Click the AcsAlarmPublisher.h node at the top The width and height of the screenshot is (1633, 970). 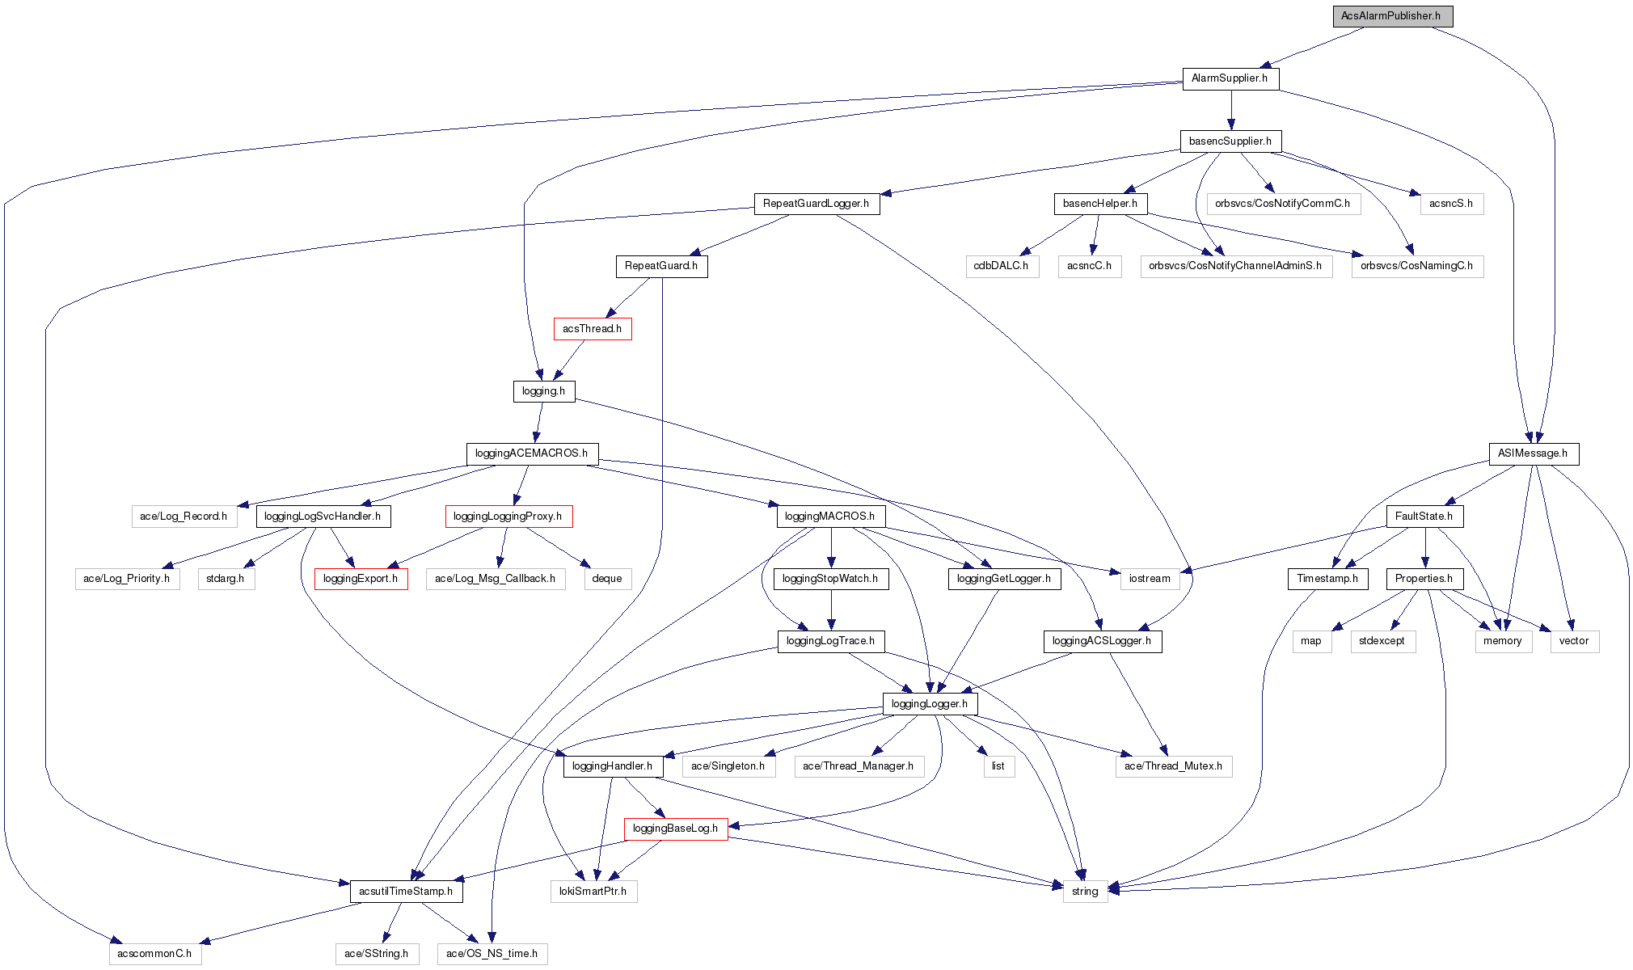(x=1392, y=16)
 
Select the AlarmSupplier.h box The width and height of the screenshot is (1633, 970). (x=1230, y=78)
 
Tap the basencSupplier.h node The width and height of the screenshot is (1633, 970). (x=1230, y=141)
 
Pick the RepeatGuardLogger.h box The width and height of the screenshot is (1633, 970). (x=816, y=204)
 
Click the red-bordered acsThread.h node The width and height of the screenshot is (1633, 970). (x=592, y=329)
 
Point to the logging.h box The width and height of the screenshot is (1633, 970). (x=543, y=391)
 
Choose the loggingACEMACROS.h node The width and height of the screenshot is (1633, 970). (x=532, y=453)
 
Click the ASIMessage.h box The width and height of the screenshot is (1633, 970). (x=1533, y=453)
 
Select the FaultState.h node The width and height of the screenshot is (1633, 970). (x=1424, y=517)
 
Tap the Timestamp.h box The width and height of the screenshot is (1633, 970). (x=1327, y=579)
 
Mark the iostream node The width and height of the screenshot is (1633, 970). (x=1150, y=579)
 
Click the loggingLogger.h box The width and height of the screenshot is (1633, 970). (x=930, y=704)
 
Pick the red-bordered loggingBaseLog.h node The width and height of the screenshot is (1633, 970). (x=675, y=829)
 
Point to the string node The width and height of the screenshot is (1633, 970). (x=1085, y=892)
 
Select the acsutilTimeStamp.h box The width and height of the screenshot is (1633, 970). (x=406, y=892)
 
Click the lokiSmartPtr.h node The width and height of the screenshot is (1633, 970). (x=593, y=892)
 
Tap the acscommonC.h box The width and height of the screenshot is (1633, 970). (x=154, y=954)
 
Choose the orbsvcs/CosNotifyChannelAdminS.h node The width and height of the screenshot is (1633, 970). (x=1235, y=266)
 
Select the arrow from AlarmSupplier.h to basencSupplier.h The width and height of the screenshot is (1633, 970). (x=1231, y=110)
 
